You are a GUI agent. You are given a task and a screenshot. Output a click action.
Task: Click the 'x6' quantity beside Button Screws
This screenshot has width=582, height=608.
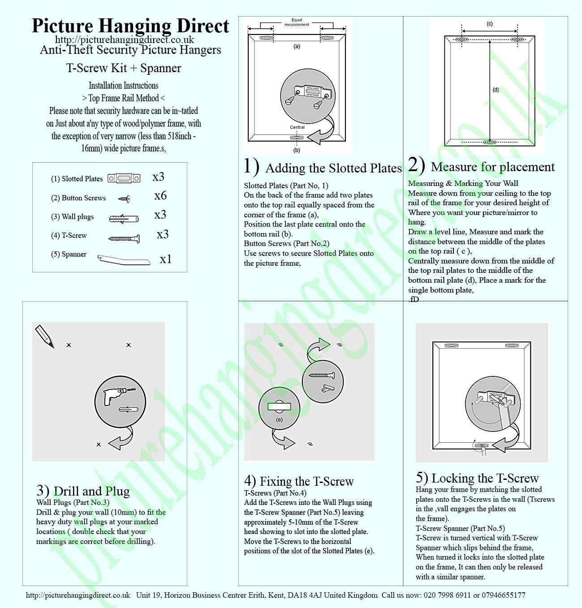(x=160, y=196)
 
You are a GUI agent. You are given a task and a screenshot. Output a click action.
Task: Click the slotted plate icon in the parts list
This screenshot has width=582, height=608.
(x=124, y=178)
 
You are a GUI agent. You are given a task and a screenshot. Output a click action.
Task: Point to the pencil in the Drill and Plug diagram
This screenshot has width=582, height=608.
(x=44, y=336)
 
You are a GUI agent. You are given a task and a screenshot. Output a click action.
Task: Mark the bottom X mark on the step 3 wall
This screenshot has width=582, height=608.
(x=99, y=444)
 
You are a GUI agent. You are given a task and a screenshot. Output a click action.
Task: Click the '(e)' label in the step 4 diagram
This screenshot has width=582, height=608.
(x=280, y=420)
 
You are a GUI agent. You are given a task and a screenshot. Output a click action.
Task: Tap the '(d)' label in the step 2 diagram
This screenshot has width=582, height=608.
(x=496, y=90)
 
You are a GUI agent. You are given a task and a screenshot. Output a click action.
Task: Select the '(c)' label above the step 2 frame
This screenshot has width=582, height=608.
(x=490, y=24)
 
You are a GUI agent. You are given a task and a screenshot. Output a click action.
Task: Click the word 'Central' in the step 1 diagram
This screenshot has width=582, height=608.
(x=297, y=127)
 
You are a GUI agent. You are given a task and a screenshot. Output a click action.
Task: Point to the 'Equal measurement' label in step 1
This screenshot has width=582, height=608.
(x=297, y=22)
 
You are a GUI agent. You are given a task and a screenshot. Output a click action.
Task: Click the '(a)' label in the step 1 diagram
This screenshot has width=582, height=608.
(x=297, y=46)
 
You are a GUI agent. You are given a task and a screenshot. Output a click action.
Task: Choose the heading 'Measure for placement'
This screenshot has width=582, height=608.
(x=492, y=167)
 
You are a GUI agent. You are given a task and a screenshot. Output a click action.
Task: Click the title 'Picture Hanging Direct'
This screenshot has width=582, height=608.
(x=130, y=26)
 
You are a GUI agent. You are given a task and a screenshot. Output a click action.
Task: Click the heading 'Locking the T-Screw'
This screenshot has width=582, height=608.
(x=485, y=478)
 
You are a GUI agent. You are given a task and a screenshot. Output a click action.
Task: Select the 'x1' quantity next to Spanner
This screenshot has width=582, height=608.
(x=166, y=259)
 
